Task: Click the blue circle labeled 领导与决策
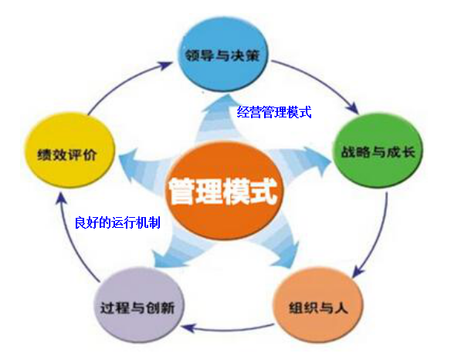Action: click(223, 55)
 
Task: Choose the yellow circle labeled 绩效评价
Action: click(68, 151)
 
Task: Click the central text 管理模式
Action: click(222, 191)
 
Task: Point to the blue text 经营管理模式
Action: click(274, 112)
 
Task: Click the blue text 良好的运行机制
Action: click(117, 222)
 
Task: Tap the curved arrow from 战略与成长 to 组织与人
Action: click(379, 238)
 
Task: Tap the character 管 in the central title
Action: click(181, 192)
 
